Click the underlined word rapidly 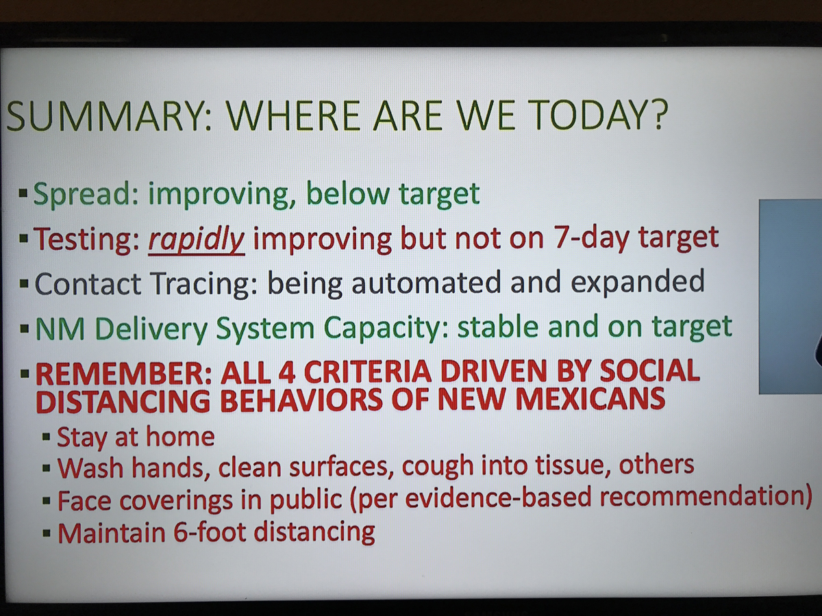[196, 240]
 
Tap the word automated [426, 283]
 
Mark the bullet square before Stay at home [47, 437]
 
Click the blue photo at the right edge [790, 296]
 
